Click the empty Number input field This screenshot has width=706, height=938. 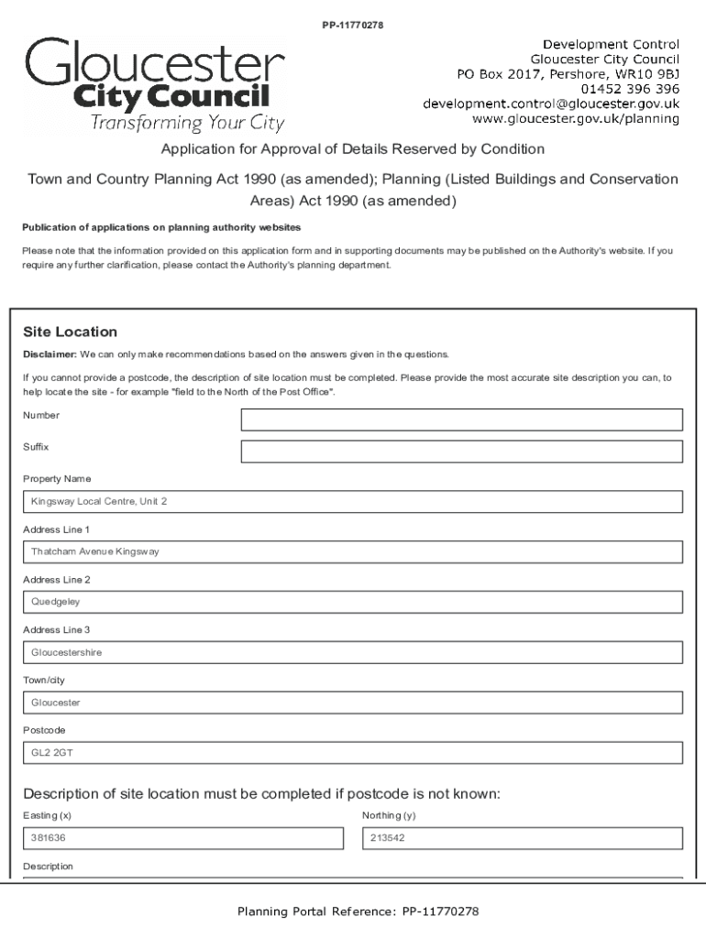[x=461, y=420]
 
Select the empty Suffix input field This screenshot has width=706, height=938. [x=461, y=452]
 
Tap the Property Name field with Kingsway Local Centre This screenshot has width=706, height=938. [x=353, y=502]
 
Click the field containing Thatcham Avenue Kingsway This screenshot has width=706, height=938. [x=353, y=552]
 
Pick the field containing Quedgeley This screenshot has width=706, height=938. [x=353, y=603]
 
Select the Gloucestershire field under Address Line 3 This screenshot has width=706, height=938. [x=353, y=653]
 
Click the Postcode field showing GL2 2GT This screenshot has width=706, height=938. [x=353, y=753]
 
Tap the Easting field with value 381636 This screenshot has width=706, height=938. [x=182, y=838]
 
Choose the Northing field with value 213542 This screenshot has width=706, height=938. [x=523, y=838]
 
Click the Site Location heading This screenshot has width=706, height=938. [x=70, y=332]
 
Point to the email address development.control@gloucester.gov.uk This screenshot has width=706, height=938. [x=550, y=104]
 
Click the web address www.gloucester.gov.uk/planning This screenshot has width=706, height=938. [x=575, y=119]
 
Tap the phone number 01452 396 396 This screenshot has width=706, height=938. [x=630, y=89]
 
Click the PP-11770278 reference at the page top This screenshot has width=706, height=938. [x=352, y=25]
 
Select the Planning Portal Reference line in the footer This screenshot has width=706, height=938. [x=358, y=911]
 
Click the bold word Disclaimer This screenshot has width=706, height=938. [x=50, y=354]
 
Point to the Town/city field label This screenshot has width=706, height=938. [x=44, y=681]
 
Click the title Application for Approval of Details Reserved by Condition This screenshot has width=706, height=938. [x=353, y=148]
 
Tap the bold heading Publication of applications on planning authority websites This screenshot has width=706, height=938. [x=161, y=227]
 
